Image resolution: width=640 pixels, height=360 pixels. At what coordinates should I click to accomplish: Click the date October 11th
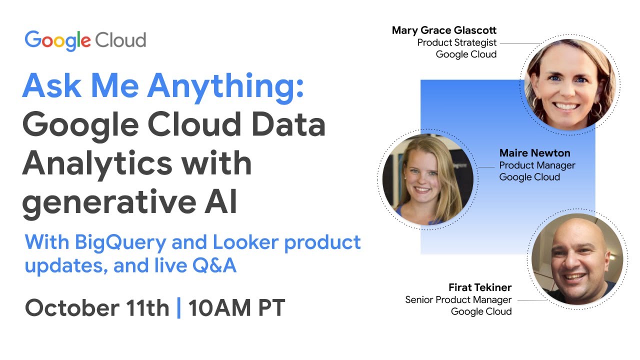[x=97, y=307]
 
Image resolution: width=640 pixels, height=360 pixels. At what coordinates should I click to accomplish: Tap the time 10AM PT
[x=236, y=307]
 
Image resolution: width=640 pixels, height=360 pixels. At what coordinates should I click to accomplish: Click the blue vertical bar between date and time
[x=179, y=307]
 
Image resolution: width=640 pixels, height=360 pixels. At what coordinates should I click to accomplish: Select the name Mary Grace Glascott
[x=444, y=30]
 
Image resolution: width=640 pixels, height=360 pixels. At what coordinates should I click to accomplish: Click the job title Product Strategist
[x=457, y=42]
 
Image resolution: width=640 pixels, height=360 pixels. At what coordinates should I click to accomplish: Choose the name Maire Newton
[x=534, y=153]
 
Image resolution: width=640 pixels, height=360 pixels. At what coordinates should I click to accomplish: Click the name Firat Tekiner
[x=480, y=287]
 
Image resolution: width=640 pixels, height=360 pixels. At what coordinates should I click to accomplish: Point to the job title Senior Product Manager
[x=458, y=299]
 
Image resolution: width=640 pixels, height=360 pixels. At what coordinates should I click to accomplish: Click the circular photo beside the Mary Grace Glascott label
[x=570, y=83]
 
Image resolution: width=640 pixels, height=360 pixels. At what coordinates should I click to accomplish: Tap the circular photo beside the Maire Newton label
[x=428, y=178]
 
